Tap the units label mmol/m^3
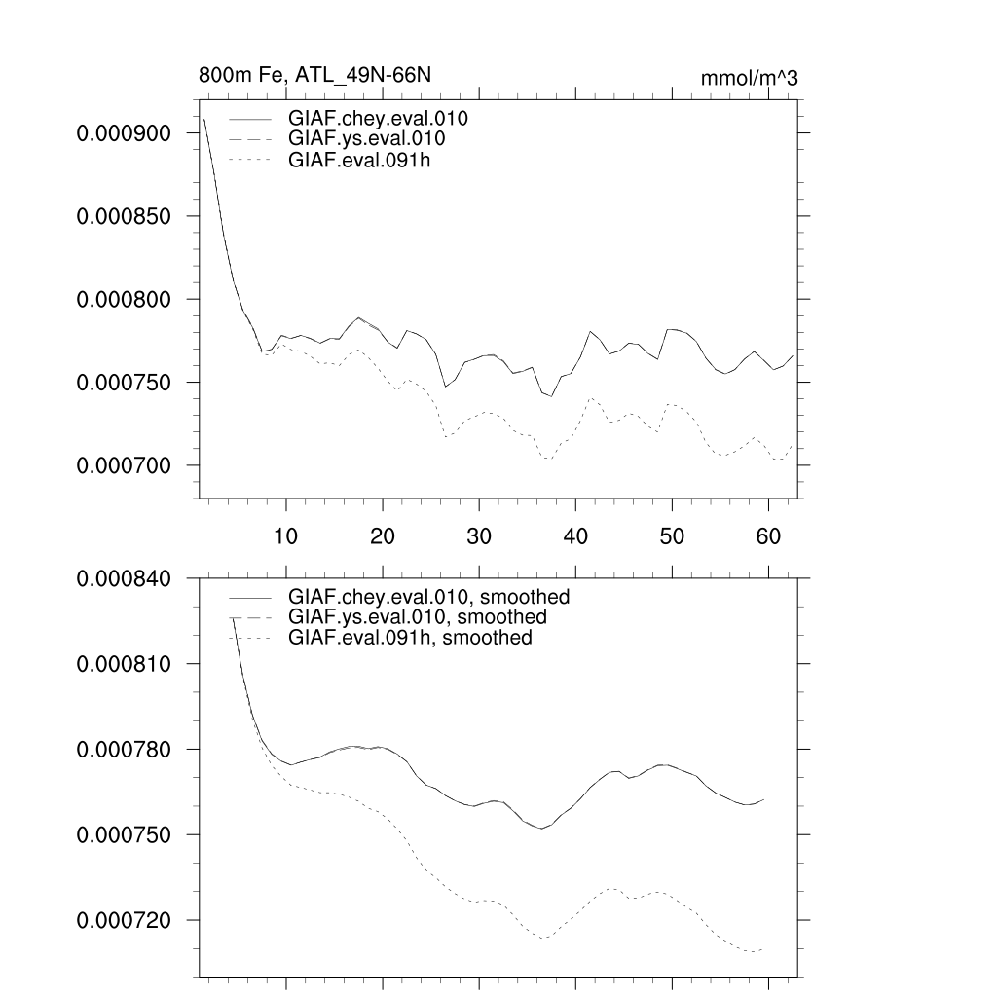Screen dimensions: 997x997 point(749,79)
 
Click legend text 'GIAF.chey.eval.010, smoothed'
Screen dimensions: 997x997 point(428,596)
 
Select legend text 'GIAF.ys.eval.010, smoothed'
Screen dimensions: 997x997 point(418,617)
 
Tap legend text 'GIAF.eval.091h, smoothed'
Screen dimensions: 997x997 point(410,639)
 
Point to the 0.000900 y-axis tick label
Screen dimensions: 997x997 point(126,133)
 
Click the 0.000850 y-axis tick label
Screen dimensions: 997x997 point(126,216)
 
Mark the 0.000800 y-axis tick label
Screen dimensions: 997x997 point(126,299)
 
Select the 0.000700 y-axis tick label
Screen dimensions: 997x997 point(126,465)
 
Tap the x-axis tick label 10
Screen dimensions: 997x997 point(286,535)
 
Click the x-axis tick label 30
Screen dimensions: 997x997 point(479,535)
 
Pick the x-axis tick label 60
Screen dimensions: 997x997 point(768,535)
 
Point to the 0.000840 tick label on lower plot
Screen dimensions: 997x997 point(126,578)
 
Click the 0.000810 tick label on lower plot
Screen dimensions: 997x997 point(126,664)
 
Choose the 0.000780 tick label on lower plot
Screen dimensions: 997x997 point(126,750)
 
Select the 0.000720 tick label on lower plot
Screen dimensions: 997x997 point(126,920)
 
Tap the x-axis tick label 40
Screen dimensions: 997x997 point(575,535)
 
